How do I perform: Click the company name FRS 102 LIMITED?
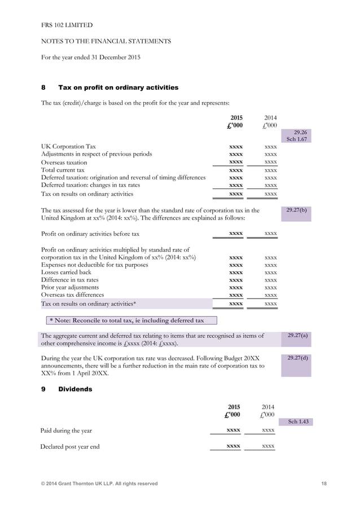point(67,25)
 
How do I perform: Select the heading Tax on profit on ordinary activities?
point(118,87)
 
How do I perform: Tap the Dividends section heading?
point(75,389)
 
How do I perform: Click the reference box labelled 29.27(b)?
point(296,213)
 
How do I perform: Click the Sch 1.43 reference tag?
point(298,422)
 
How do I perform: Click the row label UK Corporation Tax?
point(69,146)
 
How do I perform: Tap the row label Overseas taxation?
point(64,161)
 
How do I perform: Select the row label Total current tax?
point(63,169)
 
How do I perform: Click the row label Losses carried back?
point(66,272)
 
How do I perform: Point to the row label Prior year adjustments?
point(70,287)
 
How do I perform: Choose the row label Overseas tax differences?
point(73,295)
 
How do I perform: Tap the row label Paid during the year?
point(66,431)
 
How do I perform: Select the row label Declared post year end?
point(70,446)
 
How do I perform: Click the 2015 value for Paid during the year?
point(233,431)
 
